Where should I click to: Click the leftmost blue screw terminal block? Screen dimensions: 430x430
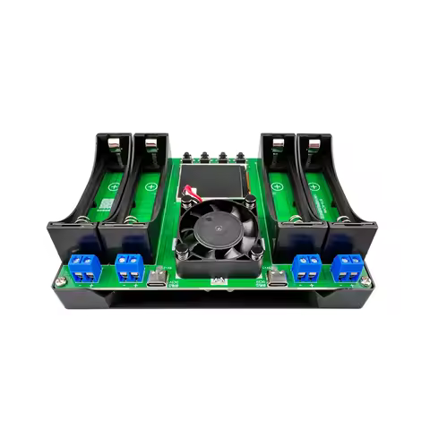pyautogui.click(x=85, y=266)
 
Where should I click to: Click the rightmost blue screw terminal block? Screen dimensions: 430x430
pyautogui.click(x=348, y=266)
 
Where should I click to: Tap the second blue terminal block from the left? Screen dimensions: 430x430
pyautogui.click(x=130, y=266)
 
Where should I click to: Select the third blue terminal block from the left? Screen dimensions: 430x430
pyautogui.click(x=306, y=266)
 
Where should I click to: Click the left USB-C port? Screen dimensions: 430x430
pyautogui.click(x=159, y=279)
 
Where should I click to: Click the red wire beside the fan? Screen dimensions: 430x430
pyautogui.click(x=189, y=190)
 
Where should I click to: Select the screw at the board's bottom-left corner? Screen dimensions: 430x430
pyautogui.click(x=61, y=282)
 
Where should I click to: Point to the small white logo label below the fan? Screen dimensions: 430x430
pyautogui.click(x=218, y=281)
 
